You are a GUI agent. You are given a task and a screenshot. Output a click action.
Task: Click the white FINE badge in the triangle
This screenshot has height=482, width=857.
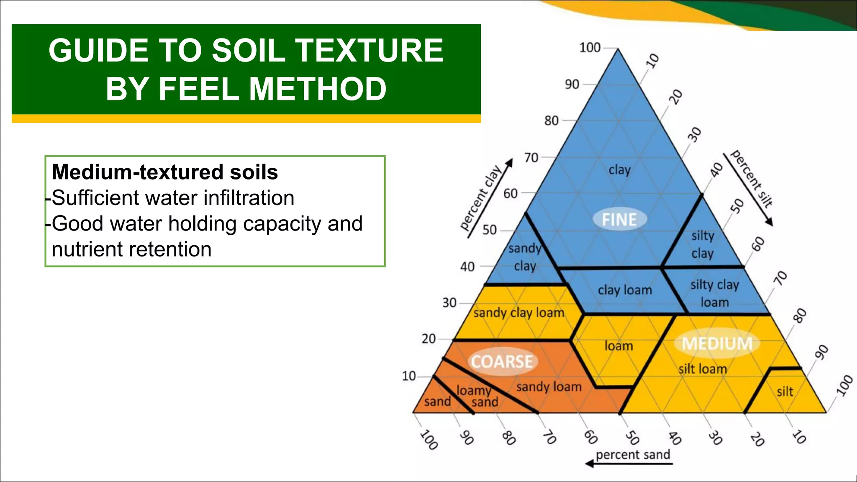(619, 219)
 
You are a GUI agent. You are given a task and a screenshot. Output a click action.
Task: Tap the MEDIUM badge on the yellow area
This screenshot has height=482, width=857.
(717, 343)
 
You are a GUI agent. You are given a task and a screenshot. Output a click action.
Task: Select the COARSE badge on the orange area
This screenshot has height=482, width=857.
(502, 361)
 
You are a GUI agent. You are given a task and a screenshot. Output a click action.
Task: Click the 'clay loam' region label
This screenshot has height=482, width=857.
(625, 290)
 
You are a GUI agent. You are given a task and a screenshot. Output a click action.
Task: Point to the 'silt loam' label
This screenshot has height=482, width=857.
(703, 369)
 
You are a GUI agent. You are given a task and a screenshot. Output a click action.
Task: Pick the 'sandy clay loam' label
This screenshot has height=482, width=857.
(519, 313)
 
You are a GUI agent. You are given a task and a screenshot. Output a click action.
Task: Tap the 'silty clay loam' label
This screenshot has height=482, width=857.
(715, 293)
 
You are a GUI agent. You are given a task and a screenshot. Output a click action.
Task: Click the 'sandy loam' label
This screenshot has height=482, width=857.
(549, 387)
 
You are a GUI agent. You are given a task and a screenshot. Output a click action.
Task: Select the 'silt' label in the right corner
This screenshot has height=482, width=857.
(785, 392)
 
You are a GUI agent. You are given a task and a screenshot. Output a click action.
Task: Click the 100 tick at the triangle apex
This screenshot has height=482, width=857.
(590, 48)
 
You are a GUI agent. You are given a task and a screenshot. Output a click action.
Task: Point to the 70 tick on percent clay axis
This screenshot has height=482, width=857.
(531, 158)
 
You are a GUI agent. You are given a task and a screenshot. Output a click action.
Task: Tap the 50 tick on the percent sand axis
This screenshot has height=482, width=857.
(632, 438)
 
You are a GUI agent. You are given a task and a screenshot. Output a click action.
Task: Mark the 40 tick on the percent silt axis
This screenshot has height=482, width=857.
(717, 170)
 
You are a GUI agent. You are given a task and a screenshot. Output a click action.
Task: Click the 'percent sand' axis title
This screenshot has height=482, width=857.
(633, 454)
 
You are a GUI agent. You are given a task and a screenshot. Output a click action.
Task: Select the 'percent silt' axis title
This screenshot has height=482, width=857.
(752, 179)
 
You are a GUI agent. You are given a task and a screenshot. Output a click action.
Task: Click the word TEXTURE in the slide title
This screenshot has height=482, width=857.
(369, 50)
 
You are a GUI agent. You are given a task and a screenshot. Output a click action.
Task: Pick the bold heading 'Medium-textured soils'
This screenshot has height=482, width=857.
(165, 172)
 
